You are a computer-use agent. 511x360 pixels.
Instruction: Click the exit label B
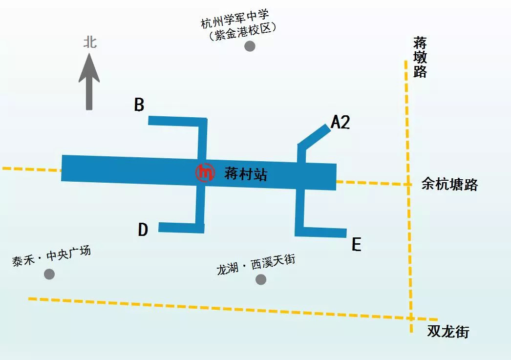point(139,105)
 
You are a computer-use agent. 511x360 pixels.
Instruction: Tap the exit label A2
point(341,122)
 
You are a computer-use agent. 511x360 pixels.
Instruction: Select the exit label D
point(143,230)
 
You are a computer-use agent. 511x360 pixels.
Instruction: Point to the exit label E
point(357,244)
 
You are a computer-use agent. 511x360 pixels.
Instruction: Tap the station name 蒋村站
point(246,173)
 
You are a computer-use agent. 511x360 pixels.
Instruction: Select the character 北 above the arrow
point(89,42)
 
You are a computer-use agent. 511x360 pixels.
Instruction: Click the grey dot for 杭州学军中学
point(250,46)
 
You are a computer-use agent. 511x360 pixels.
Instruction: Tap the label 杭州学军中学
point(235,22)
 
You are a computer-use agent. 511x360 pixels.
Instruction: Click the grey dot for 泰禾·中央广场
point(49,274)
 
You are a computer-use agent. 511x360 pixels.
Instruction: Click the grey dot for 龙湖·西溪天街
point(261,279)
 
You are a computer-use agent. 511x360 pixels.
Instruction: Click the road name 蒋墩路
point(420,57)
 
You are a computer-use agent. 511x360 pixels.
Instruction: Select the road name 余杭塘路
point(449,185)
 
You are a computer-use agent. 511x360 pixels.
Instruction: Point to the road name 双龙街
point(448,332)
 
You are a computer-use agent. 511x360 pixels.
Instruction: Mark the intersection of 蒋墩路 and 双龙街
point(411,318)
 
